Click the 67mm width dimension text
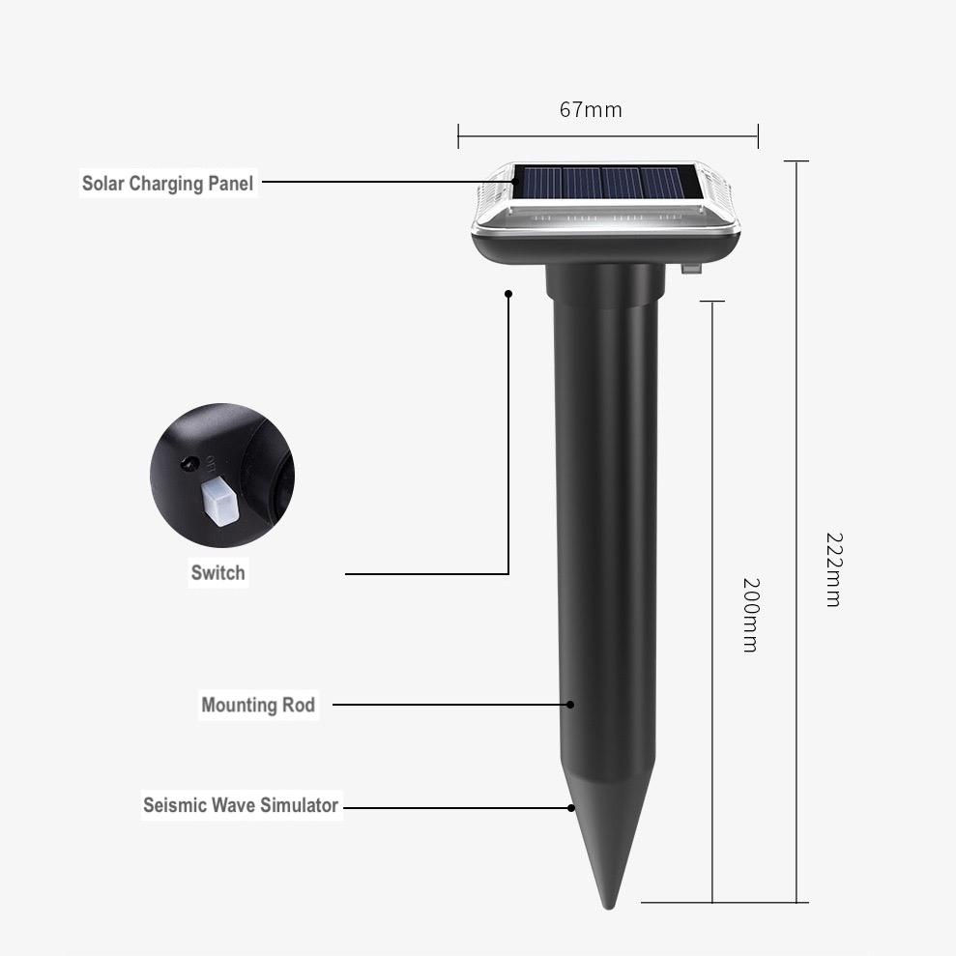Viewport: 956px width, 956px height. (x=591, y=109)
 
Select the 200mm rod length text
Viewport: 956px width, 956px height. (x=750, y=615)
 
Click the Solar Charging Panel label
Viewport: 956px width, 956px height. (x=167, y=183)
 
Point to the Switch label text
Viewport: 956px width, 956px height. (x=217, y=572)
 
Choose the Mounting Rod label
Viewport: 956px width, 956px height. (x=258, y=705)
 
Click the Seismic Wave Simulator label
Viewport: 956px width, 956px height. (x=241, y=804)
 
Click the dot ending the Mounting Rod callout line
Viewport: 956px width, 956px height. (x=570, y=705)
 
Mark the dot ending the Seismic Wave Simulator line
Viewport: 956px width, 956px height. (x=571, y=807)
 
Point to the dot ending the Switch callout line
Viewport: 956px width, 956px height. (x=508, y=292)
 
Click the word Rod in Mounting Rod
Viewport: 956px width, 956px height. (x=298, y=705)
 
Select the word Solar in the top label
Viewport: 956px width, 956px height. (x=103, y=183)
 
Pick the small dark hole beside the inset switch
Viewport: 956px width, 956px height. (x=188, y=465)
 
